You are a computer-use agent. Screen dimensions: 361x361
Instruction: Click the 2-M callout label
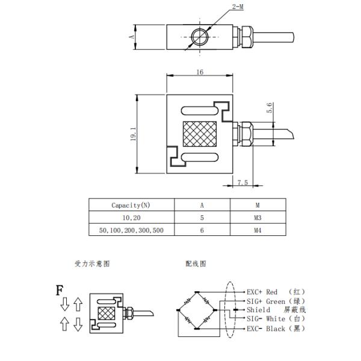tap(238, 7)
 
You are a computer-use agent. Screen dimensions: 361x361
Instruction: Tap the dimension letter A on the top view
tap(132, 36)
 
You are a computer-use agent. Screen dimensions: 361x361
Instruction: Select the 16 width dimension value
tap(200, 72)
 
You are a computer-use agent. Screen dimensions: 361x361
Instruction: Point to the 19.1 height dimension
tap(133, 134)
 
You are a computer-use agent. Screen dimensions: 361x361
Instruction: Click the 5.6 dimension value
tap(269, 108)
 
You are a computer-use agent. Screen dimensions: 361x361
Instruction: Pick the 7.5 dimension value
tap(242, 182)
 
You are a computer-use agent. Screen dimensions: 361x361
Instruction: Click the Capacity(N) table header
tap(131, 205)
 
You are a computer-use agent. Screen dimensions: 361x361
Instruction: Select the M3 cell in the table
tap(258, 218)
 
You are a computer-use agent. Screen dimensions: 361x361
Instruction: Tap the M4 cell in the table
tap(258, 230)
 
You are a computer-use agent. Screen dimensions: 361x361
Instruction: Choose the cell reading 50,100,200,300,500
tap(131, 230)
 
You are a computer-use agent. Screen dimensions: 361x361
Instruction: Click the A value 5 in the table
tap(202, 218)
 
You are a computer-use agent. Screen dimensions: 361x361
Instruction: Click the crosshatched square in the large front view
tap(200, 134)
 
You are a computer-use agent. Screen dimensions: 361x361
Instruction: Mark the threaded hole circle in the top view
tap(200, 37)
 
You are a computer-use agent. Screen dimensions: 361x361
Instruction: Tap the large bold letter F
tap(60, 290)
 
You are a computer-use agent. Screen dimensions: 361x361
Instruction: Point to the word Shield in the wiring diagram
tap(258, 310)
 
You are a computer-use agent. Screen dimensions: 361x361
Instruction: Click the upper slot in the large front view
tap(200, 111)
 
